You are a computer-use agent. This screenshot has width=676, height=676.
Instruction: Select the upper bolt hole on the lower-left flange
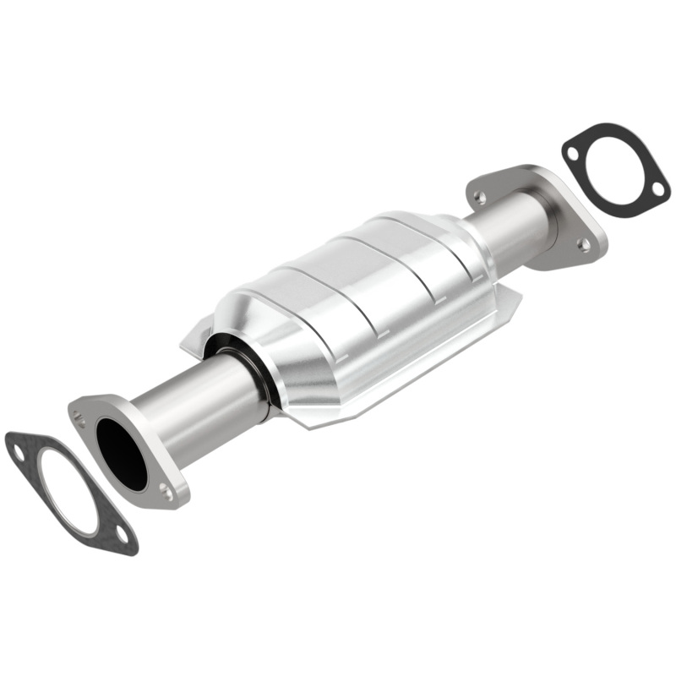80,416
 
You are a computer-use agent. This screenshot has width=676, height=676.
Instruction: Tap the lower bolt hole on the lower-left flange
166,489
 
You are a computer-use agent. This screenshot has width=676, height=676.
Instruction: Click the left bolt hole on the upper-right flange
480,197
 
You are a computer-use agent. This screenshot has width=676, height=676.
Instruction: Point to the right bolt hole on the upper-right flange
583,244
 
